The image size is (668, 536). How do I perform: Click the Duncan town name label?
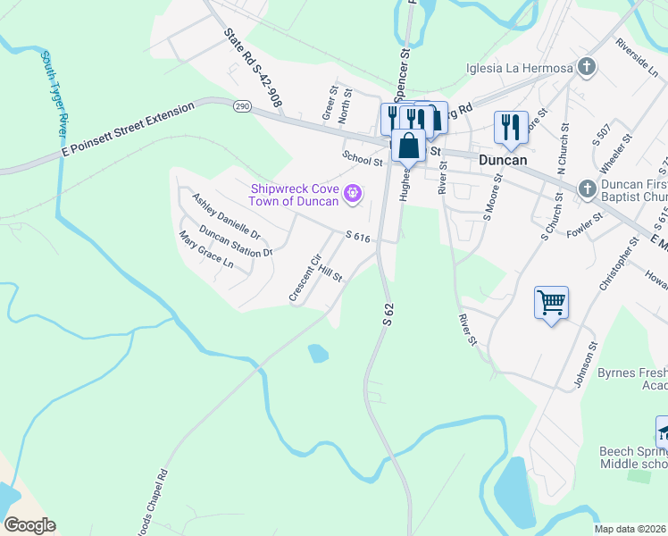[501, 160]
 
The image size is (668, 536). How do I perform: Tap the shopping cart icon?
[552, 302]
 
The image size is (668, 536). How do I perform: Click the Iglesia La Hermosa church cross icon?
[586, 67]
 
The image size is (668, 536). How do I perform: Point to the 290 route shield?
[242, 105]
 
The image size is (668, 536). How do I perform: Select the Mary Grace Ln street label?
[205, 250]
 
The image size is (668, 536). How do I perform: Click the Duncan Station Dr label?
[235, 240]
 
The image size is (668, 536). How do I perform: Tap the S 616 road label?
[357, 237]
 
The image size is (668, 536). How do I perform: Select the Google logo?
[29, 525]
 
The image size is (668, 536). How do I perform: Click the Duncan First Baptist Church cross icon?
[587, 188]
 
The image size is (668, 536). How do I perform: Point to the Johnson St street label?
[586, 364]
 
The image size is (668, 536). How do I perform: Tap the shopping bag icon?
[409, 146]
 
